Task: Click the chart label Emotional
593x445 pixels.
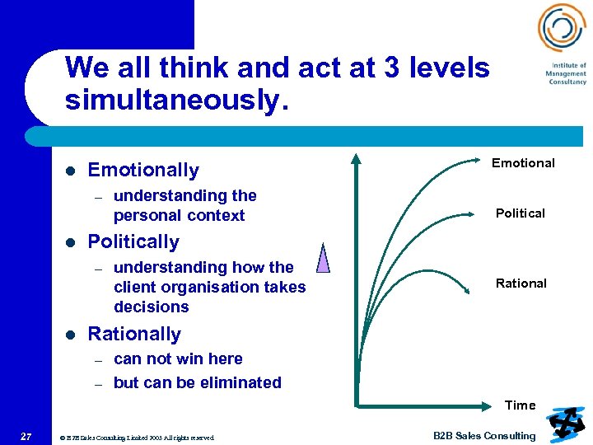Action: pos(523,163)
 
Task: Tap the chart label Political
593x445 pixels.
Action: pos(520,213)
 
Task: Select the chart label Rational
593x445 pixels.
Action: pos(521,283)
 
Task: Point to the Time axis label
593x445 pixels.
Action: pos(520,405)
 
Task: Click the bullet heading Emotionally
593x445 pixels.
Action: pos(143,171)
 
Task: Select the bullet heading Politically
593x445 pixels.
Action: pos(133,242)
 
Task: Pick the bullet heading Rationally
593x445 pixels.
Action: pos(134,335)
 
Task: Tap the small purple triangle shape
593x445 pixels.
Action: pos(323,258)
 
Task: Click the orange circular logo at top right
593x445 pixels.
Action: pos(561,28)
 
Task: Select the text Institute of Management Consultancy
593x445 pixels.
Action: pos(566,74)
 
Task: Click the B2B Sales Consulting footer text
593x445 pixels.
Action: pos(484,436)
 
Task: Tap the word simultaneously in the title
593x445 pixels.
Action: pos(176,101)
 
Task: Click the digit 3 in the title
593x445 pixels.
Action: pos(391,68)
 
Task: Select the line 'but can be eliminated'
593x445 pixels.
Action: pos(198,383)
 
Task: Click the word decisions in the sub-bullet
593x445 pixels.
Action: pos(152,307)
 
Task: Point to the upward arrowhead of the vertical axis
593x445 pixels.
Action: pos(356,159)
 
